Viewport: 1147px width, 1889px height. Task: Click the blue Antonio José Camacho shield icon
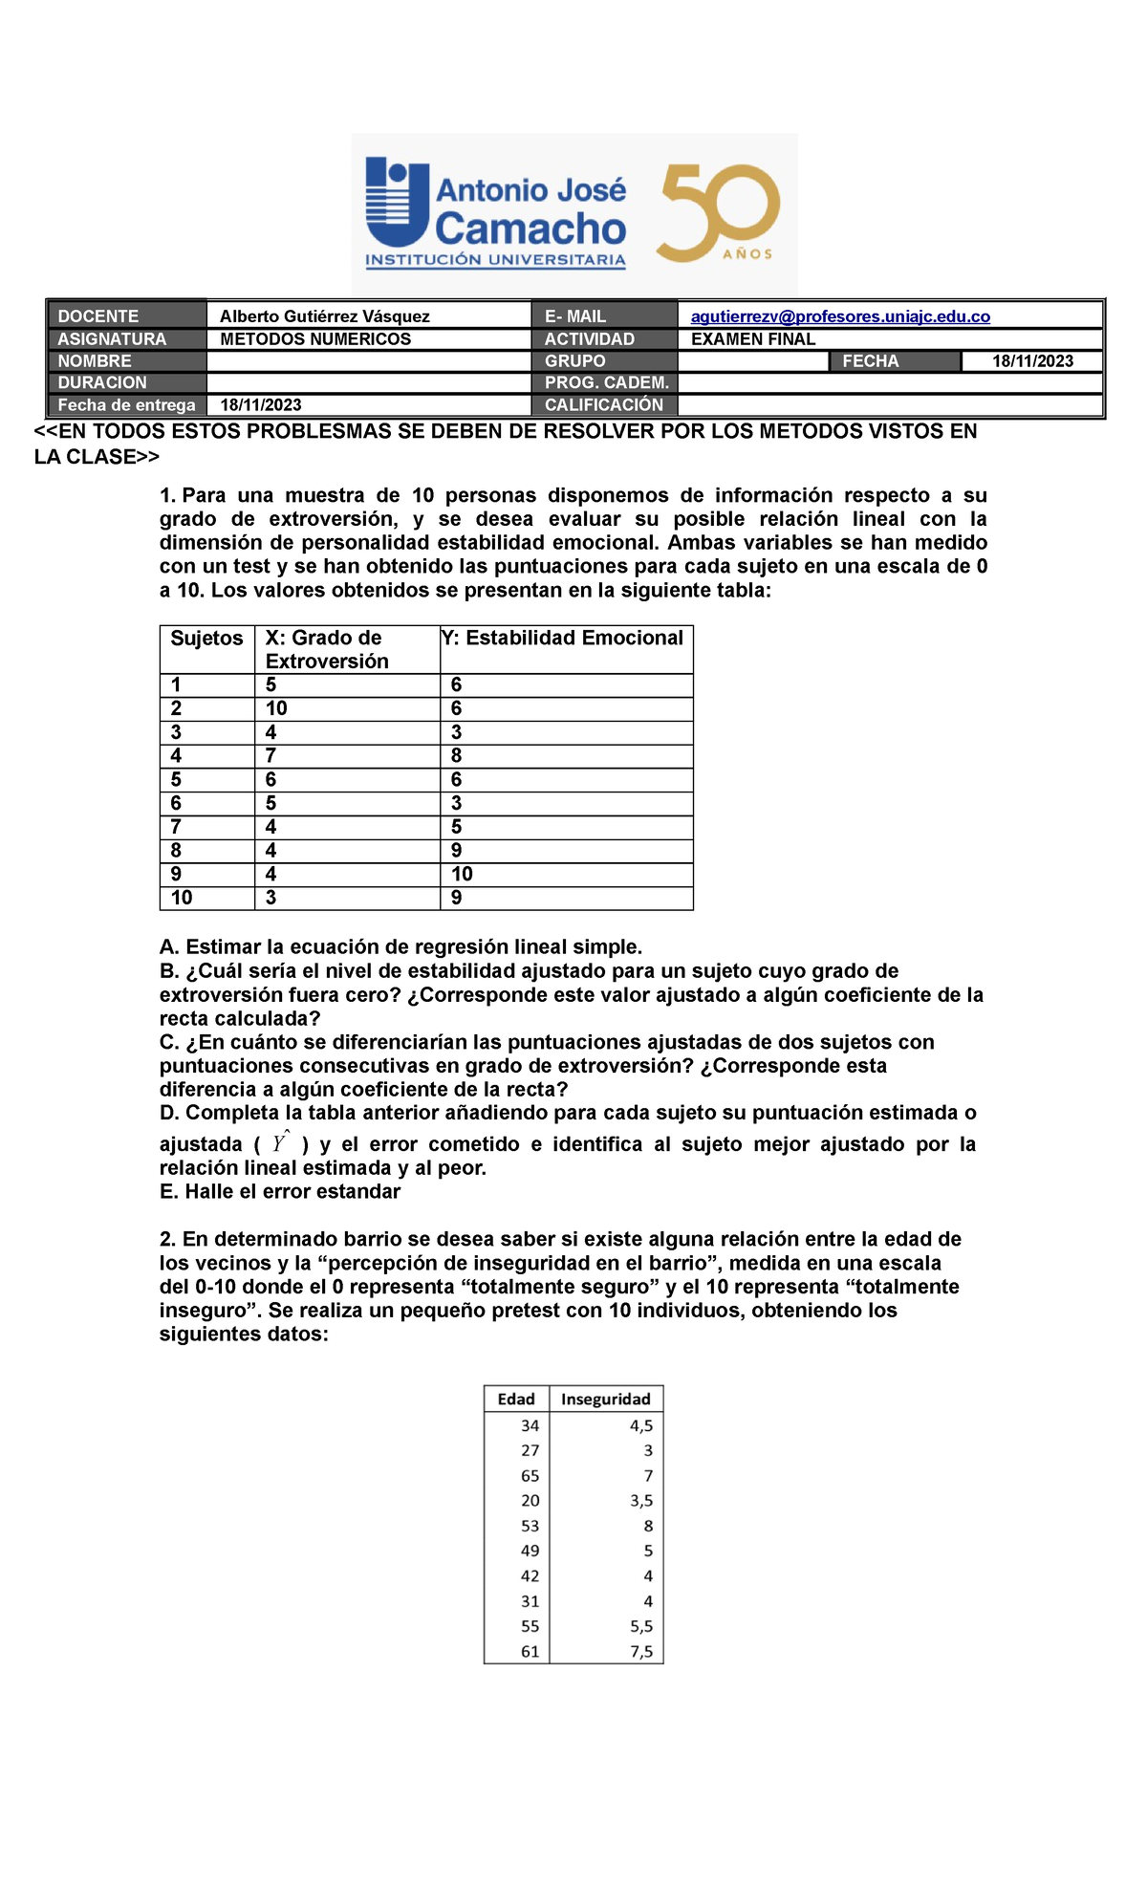tap(396, 203)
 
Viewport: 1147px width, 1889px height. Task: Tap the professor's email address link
tap(839, 316)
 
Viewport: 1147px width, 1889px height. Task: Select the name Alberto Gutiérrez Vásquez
tap(324, 316)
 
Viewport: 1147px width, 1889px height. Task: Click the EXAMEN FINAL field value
tap(752, 339)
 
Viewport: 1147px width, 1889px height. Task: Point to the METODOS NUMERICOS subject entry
tap(314, 339)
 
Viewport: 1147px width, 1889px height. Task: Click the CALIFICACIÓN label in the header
tap(603, 405)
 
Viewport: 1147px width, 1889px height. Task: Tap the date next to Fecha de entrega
tap(260, 405)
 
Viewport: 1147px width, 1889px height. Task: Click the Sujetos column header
tap(206, 639)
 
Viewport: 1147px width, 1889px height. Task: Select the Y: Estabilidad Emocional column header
tap(564, 639)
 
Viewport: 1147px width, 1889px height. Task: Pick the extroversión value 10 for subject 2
tap(276, 708)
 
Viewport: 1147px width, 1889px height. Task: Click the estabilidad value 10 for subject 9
tap(462, 874)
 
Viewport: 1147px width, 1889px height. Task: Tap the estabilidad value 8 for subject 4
tap(456, 755)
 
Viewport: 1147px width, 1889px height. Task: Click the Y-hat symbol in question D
tap(280, 1142)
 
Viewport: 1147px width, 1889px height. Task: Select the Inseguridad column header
tap(605, 1400)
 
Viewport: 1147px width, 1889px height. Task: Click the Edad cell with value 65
tap(530, 1476)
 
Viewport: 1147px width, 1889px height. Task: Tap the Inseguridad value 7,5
tap(641, 1652)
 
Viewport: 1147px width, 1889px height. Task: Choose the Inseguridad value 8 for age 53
tap(648, 1527)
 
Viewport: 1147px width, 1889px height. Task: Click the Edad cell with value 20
tap(530, 1501)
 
